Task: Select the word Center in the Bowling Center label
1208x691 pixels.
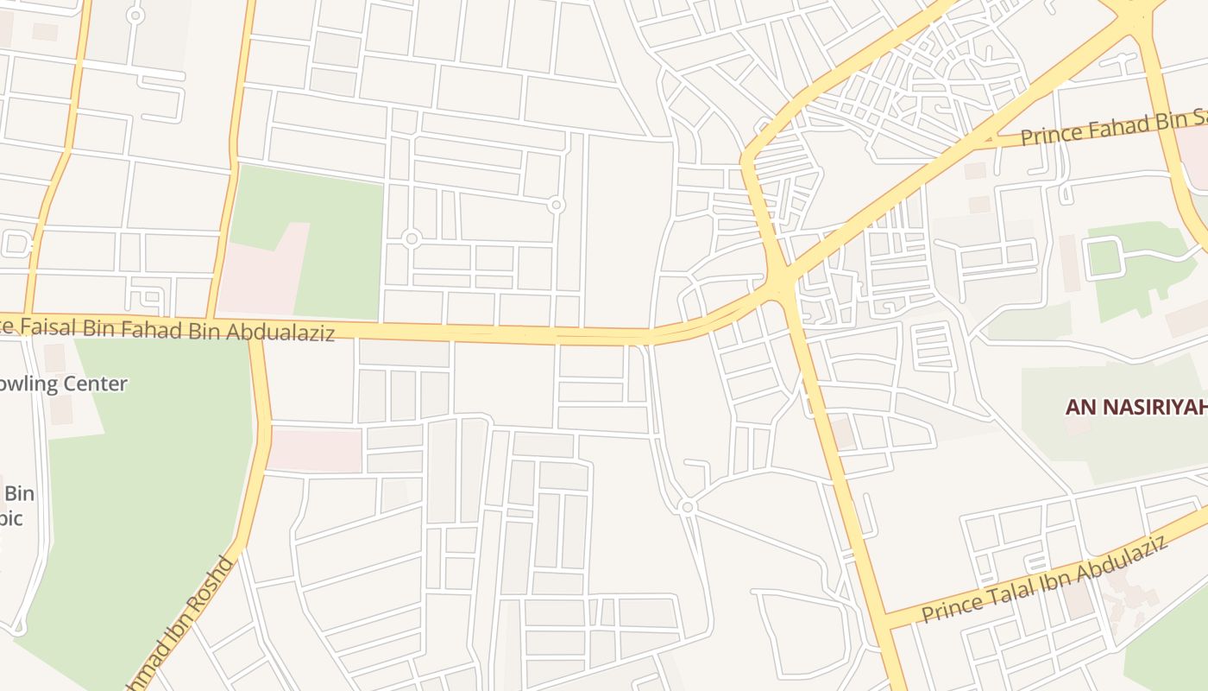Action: click(x=96, y=384)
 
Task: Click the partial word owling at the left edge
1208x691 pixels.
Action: click(x=30, y=384)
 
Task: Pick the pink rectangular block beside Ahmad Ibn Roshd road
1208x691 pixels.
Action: click(x=315, y=450)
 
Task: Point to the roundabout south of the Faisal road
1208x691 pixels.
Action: click(x=687, y=507)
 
